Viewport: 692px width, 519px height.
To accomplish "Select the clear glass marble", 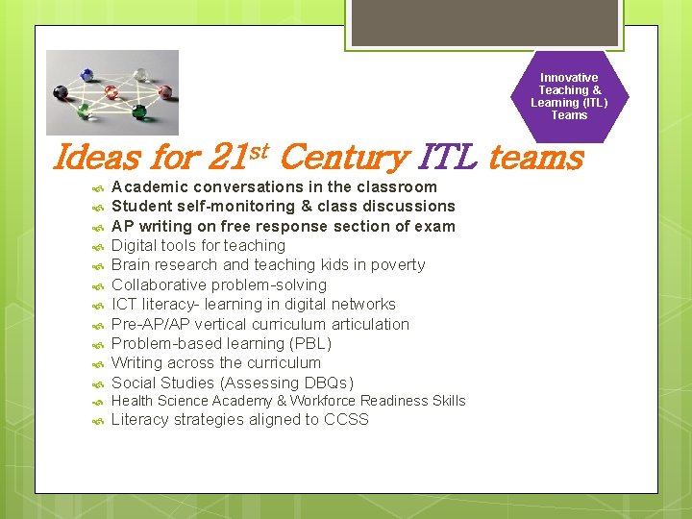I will [x=140, y=73].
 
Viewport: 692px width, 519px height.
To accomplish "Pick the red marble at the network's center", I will [x=111, y=91].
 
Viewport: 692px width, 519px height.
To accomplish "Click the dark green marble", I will [x=139, y=112].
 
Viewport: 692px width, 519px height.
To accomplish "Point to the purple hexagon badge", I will [x=569, y=96].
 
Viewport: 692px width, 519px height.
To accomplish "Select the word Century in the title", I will [x=345, y=157].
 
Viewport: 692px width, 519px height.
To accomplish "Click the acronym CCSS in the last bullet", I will [x=346, y=419].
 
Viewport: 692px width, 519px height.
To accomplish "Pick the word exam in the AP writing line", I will [x=435, y=226].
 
